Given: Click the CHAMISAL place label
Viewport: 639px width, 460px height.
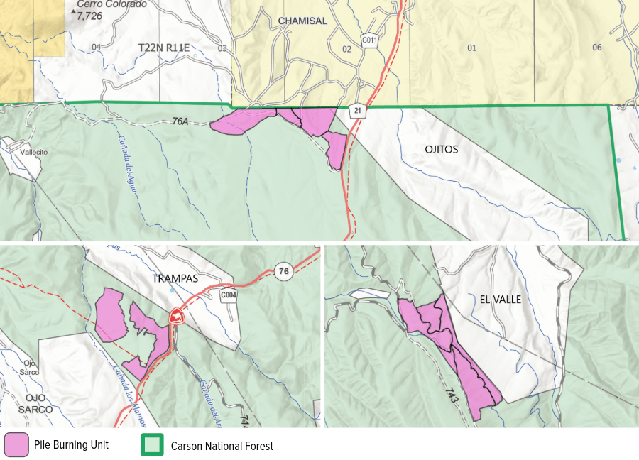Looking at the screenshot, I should tap(302, 21).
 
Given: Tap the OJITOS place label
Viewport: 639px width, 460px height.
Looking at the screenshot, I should tap(441, 150).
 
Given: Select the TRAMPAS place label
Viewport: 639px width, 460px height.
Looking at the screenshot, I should tap(175, 279).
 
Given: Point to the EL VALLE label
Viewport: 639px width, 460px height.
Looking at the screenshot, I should tap(500, 300).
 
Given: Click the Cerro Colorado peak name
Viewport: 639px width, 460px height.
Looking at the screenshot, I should tap(111, 4).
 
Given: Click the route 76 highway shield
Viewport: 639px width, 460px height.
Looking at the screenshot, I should tap(283, 270).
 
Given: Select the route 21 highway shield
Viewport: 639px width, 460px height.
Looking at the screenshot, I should tap(356, 111).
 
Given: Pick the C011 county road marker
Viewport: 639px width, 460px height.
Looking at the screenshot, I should tap(368, 40).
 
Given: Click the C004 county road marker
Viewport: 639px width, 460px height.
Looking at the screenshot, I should tap(229, 295).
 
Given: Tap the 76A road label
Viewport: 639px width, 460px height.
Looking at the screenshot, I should tap(181, 121).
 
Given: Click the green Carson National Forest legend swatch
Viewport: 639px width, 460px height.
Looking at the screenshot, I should tap(152, 445).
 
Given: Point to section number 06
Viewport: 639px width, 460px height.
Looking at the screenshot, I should tap(596, 48).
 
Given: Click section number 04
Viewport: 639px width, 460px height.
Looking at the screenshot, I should tap(97, 48).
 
